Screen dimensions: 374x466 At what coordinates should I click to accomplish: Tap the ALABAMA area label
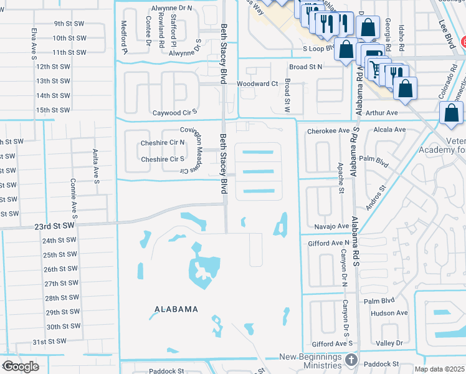tap(178, 309)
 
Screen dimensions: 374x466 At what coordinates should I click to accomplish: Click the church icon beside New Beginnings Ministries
tap(352, 360)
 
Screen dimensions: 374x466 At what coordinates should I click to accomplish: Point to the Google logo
tap(20, 367)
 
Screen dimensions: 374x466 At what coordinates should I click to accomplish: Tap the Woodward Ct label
tap(256, 84)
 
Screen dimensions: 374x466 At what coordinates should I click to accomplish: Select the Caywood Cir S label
tap(175, 113)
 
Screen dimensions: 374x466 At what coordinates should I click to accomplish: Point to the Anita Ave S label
tap(97, 170)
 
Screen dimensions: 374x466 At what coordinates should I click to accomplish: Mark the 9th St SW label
tap(69, 23)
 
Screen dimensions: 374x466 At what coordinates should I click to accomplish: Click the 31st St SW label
tap(49, 342)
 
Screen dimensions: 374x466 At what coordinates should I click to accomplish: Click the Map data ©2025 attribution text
tap(439, 369)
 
